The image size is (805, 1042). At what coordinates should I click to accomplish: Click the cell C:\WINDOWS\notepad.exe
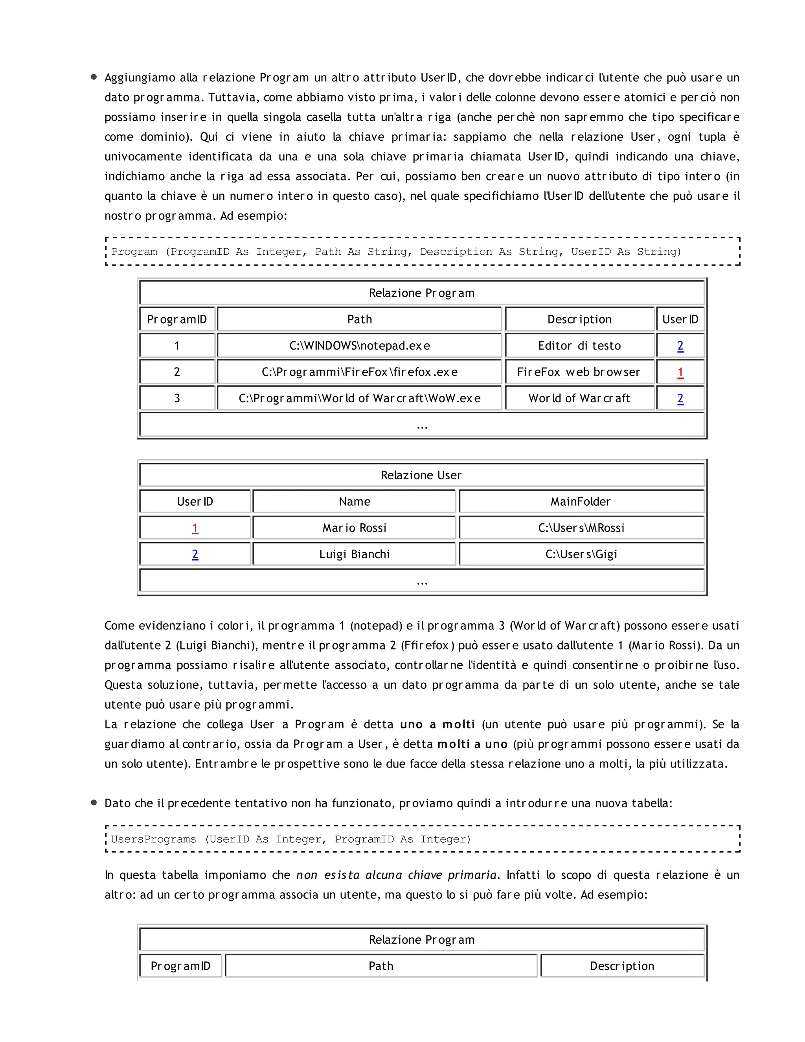click(x=359, y=345)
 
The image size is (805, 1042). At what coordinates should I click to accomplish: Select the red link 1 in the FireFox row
click(x=680, y=372)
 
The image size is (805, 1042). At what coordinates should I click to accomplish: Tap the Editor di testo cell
click(x=579, y=345)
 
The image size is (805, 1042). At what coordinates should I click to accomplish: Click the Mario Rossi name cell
click(x=354, y=528)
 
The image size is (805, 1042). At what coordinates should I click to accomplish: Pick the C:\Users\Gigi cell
click(x=581, y=554)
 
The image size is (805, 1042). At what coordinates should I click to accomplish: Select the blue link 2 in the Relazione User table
click(x=195, y=554)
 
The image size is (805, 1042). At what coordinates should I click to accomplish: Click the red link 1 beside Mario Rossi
click(x=195, y=528)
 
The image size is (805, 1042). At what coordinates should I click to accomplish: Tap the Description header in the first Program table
click(x=579, y=319)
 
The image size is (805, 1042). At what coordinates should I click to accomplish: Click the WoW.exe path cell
click(x=359, y=398)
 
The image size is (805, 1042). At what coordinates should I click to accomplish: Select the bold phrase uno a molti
click(x=437, y=724)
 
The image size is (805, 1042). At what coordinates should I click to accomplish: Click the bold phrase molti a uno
click(x=472, y=744)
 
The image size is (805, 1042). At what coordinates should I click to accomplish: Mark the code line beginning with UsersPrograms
click(x=290, y=839)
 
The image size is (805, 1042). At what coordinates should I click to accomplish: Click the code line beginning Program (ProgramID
click(x=396, y=251)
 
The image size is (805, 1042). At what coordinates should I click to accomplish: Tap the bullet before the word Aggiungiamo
click(x=94, y=77)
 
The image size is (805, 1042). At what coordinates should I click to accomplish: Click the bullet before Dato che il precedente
click(x=94, y=803)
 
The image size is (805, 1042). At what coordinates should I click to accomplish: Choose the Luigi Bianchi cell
click(x=354, y=554)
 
